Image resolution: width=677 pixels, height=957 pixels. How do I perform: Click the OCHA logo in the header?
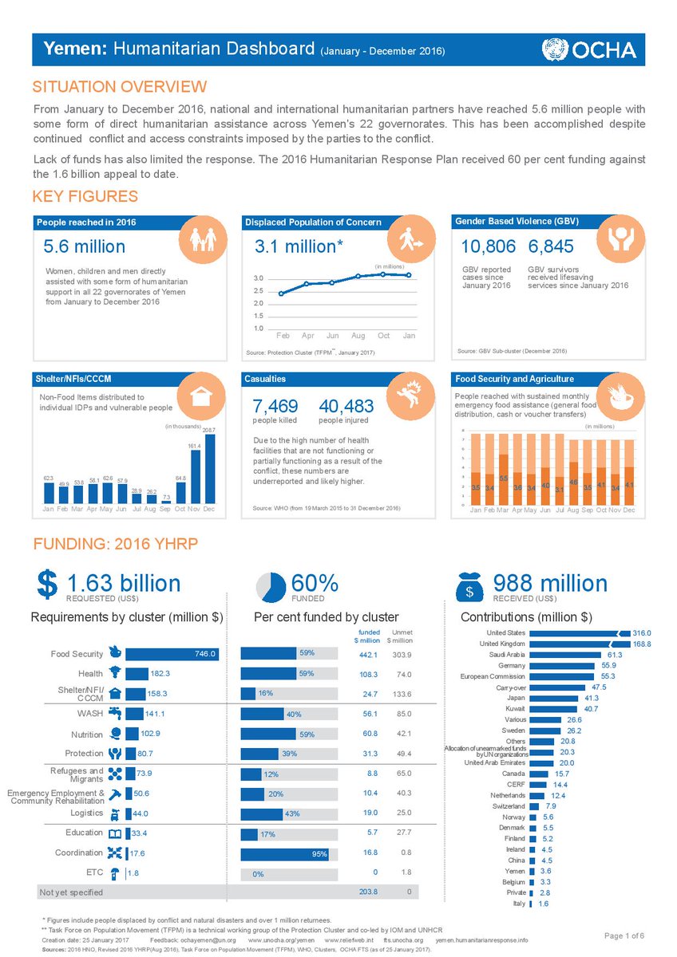589,49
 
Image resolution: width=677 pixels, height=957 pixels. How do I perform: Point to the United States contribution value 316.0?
642,632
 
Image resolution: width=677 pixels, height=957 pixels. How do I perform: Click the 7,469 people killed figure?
275,407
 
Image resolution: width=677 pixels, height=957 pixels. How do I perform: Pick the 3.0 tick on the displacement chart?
259,278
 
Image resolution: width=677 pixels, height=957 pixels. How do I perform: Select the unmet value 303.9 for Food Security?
402,655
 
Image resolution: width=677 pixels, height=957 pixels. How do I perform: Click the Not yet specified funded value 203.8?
368,892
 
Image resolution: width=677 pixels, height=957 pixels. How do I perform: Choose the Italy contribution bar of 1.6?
531,904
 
